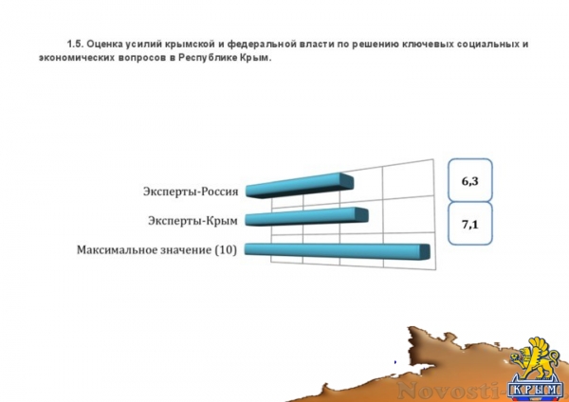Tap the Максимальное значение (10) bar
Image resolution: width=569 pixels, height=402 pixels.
(337, 250)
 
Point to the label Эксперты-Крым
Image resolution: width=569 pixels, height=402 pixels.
(193, 221)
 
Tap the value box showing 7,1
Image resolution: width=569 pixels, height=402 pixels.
(470, 226)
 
